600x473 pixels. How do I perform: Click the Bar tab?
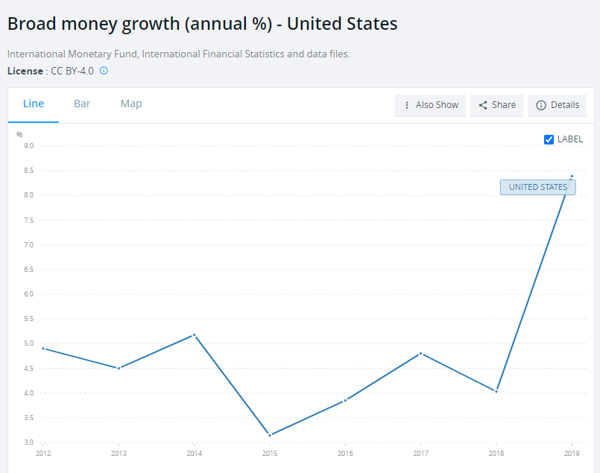coord(82,104)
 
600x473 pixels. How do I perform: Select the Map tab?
coord(131,104)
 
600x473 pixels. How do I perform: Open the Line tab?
coord(34,104)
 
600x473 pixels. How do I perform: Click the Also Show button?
coord(430,105)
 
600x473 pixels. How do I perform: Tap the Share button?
coord(496,105)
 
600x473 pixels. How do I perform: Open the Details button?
coord(557,105)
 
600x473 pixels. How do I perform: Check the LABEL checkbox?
coord(549,139)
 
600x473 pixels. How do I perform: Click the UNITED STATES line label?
coord(537,187)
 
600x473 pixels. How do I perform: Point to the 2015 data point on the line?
coord(270,435)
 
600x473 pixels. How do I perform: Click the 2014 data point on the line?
coord(194,334)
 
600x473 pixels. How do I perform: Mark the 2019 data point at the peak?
coord(572,177)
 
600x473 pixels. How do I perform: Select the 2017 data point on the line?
coord(421,353)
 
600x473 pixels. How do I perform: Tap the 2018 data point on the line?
coord(496,391)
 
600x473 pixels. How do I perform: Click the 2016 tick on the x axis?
coord(345,452)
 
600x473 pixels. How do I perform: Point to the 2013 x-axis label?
coord(119,452)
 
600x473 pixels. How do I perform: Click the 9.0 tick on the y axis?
coord(29,146)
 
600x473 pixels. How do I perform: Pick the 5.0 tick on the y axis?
coord(29,343)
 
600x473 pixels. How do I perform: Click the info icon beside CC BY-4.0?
coord(104,71)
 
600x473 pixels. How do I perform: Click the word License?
coord(25,71)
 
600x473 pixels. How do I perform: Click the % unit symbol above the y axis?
coord(19,134)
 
